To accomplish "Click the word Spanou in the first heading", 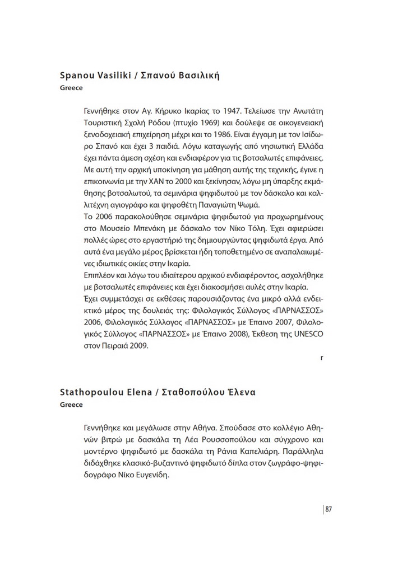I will (x=77, y=76).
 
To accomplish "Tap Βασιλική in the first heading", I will (x=196, y=76).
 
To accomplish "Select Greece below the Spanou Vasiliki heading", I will (x=71, y=88).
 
